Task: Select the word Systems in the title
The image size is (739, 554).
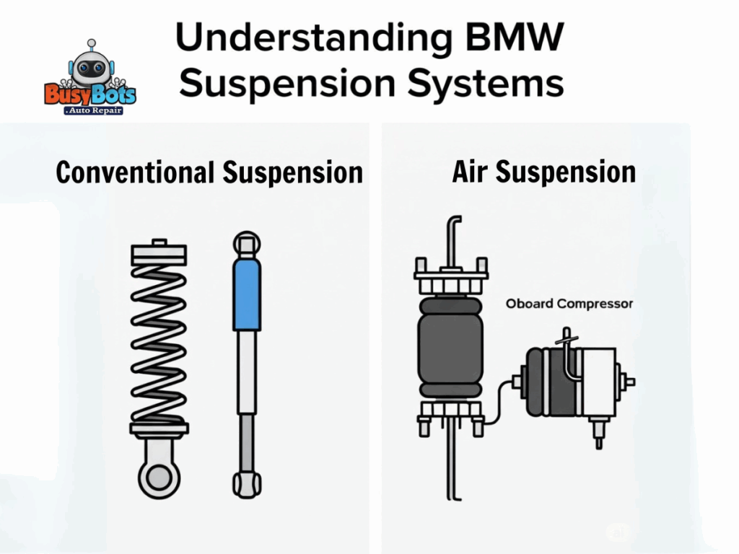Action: (484, 84)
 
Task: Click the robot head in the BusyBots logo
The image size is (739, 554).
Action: (91, 67)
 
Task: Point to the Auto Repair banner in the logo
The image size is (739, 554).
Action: (92, 110)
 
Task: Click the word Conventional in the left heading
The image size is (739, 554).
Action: (135, 173)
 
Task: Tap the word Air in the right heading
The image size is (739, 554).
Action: (470, 172)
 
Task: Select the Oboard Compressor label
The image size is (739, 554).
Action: (569, 304)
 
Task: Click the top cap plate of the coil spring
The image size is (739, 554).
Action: (159, 252)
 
